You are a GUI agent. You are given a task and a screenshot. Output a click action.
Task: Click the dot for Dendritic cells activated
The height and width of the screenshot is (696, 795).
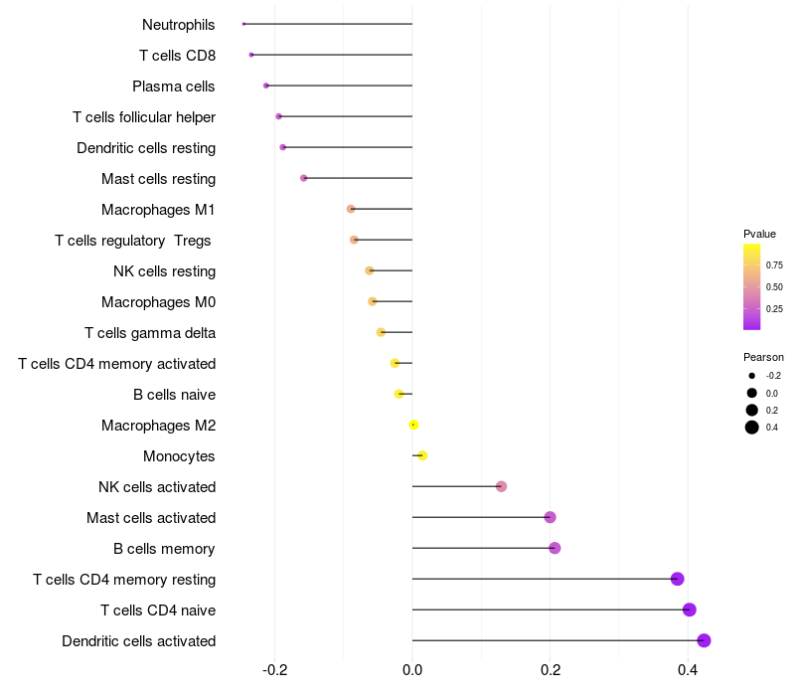[704, 640]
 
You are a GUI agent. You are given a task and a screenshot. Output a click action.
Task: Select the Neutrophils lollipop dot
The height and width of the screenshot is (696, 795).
[243, 24]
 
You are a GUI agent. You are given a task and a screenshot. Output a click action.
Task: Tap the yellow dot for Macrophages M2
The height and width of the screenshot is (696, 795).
[413, 425]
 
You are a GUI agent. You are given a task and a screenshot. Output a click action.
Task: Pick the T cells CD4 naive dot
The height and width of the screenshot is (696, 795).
[690, 609]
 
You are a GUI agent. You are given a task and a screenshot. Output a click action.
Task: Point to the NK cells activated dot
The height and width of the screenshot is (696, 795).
[502, 486]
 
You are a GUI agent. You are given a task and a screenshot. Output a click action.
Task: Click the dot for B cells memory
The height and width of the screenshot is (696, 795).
[555, 548]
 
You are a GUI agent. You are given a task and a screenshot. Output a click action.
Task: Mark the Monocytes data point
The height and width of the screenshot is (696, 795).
[422, 455]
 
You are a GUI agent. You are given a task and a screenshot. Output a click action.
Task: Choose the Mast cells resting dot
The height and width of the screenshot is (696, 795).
[304, 178]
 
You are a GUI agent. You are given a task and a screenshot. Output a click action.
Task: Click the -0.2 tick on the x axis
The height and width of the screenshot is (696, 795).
[275, 670]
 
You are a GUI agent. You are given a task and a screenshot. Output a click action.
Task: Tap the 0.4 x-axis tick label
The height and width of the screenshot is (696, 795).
[687, 670]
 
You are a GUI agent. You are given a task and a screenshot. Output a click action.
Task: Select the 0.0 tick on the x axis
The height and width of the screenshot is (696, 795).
[412, 670]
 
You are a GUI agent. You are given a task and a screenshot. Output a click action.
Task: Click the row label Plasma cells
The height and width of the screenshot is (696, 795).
[174, 87]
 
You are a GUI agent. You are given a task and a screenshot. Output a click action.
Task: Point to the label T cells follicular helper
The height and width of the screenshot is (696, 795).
[144, 117]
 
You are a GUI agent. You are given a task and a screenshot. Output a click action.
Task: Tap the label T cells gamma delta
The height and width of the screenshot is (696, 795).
[150, 333]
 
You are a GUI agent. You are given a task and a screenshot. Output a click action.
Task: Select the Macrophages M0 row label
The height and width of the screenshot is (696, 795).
[158, 302]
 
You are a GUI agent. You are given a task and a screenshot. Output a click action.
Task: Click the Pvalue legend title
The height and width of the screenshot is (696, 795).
[759, 234]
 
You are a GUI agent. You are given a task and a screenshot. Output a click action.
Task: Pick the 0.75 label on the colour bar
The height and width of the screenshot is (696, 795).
[774, 265]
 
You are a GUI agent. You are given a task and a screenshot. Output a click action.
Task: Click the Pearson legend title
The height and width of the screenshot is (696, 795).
[763, 357]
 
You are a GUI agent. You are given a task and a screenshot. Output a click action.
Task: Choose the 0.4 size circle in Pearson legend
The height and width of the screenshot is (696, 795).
[752, 428]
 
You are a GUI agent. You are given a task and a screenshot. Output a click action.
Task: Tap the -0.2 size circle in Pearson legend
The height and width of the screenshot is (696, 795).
[752, 376]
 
